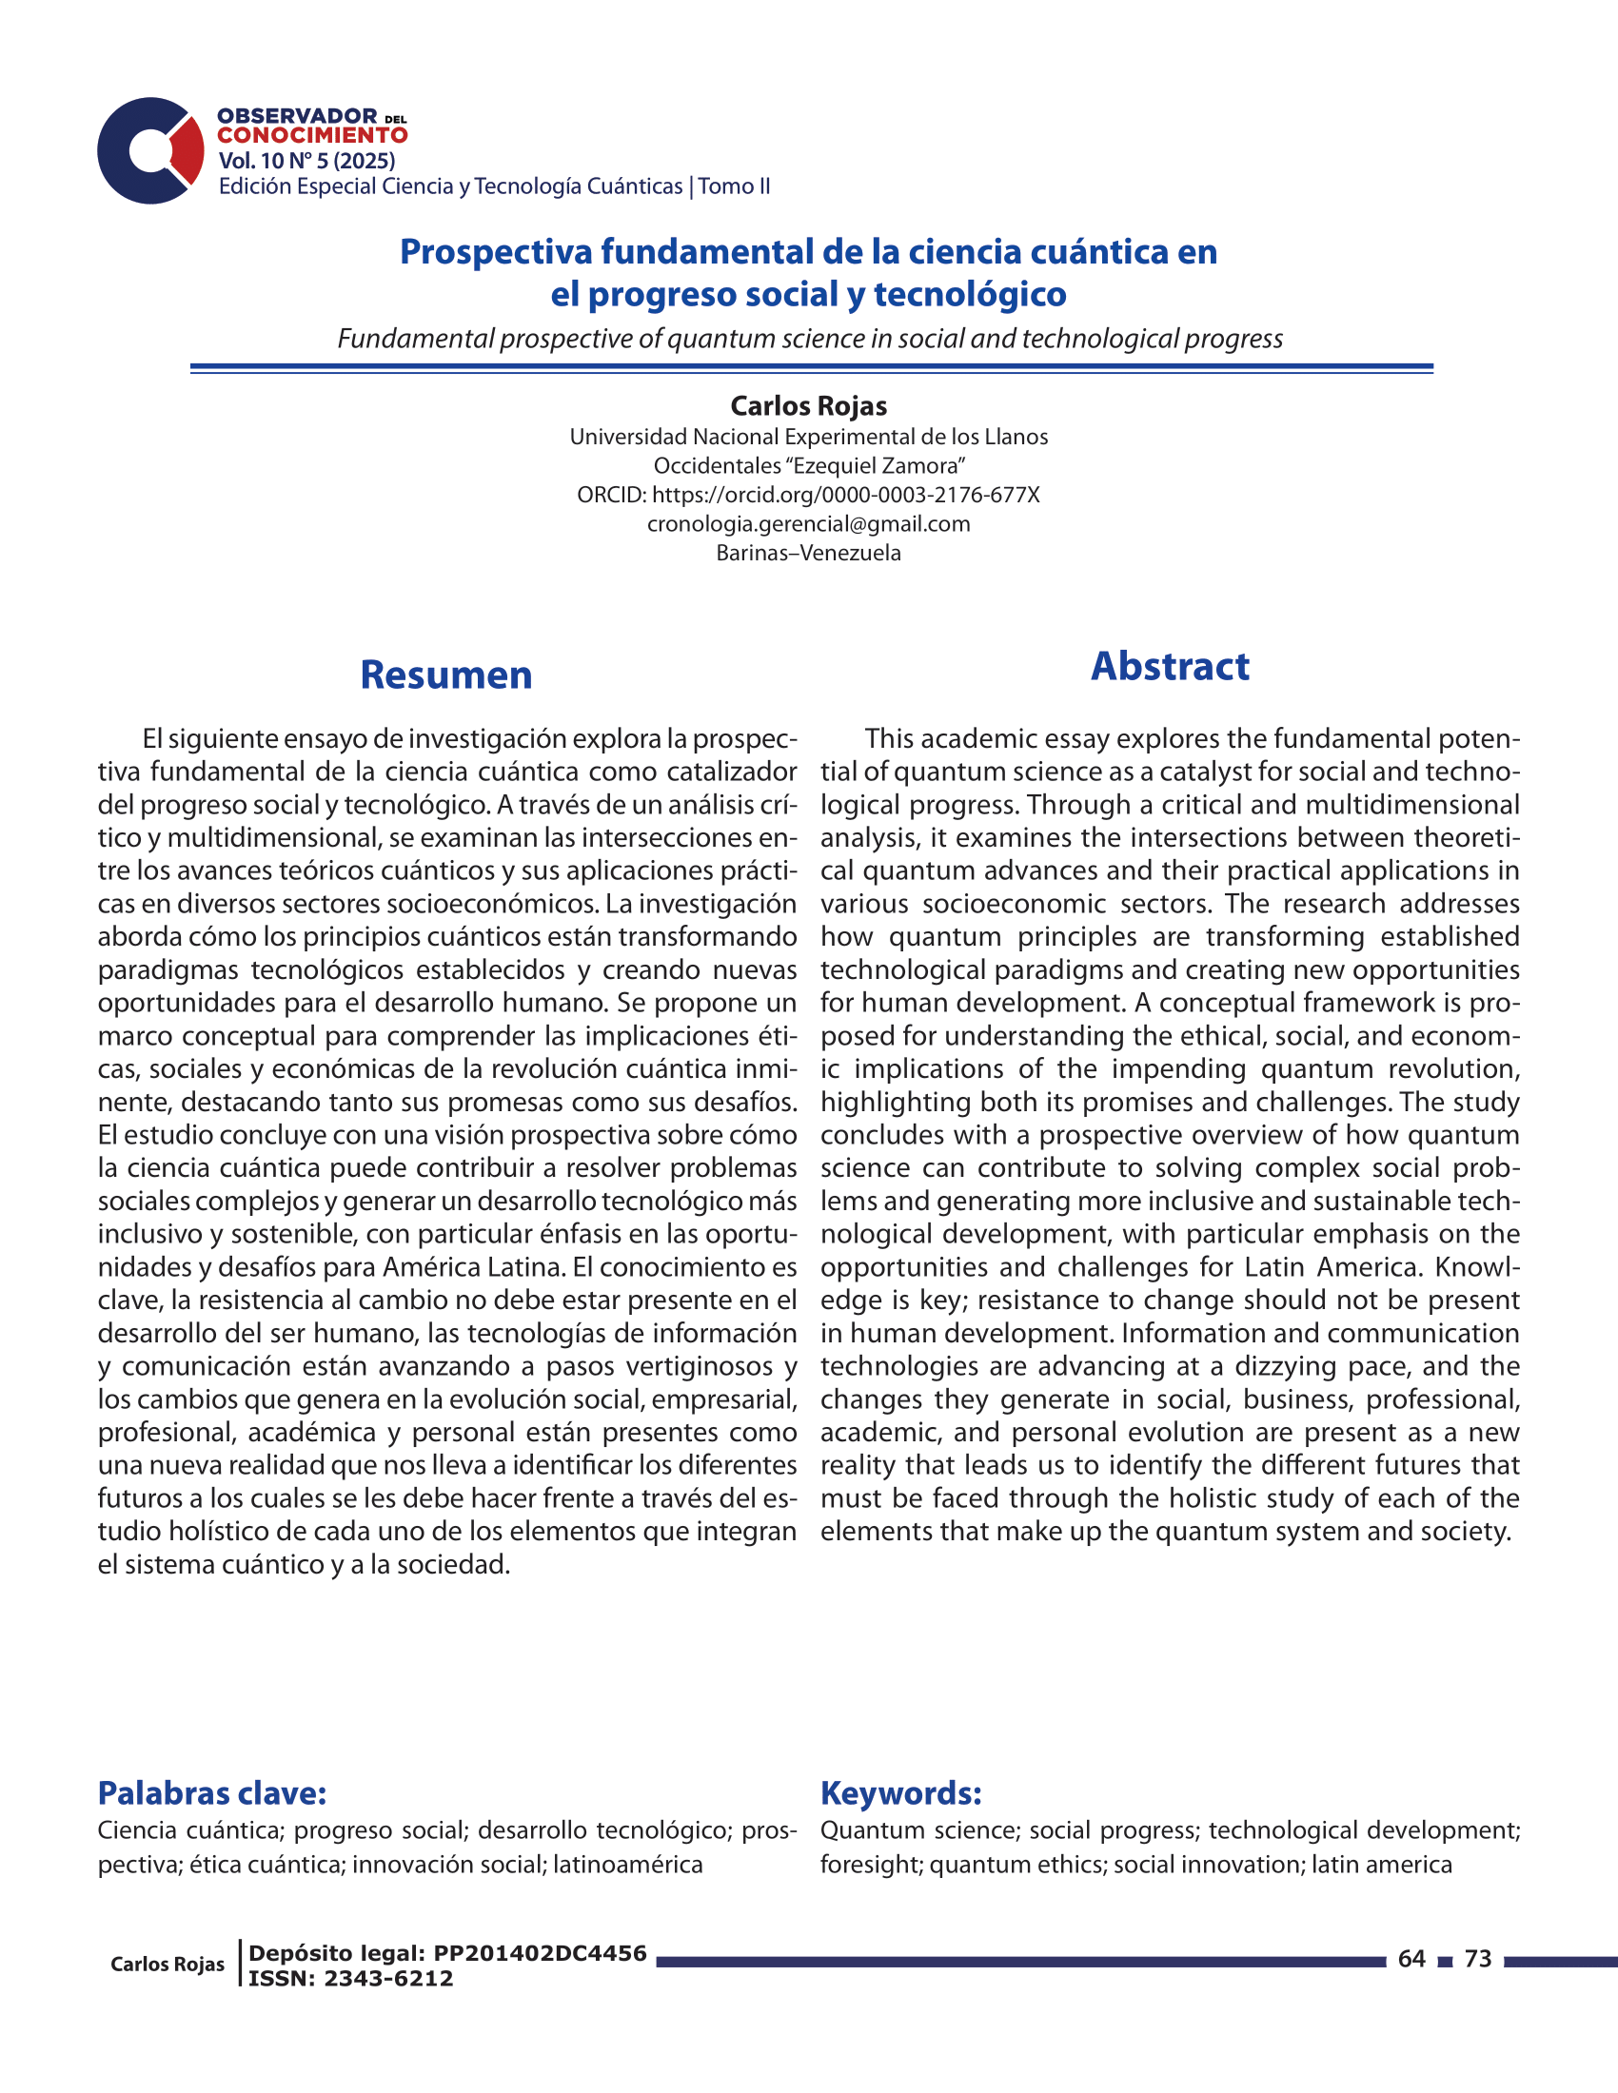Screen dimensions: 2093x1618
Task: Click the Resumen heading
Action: (445, 675)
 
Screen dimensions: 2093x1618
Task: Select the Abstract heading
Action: (1170, 667)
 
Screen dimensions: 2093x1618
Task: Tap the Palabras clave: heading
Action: (213, 1792)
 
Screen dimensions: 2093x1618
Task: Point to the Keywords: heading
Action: (901, 1792)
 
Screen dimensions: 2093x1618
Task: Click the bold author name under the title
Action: (808, 406)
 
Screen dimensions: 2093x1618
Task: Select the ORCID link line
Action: (808, 496)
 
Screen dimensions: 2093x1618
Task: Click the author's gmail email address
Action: (808, 524)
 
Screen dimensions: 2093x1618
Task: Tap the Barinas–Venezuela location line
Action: (808, 553)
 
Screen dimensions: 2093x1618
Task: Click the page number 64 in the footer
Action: (1411, 1959)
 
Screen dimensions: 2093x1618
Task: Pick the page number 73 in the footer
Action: (1478, 1959)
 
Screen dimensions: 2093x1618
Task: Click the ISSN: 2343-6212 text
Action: (351, 1978)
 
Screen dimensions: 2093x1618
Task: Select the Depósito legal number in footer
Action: (447, 1953)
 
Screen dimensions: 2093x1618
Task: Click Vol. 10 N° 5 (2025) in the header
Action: (306, 161)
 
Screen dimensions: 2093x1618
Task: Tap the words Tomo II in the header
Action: (734, 186)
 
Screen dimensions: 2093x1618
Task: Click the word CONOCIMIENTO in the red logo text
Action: (312, 136)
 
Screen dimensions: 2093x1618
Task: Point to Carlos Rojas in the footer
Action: (168, 1965)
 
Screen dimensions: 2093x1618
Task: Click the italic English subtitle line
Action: (810, 340)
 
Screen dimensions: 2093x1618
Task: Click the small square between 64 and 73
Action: (1446, 1961)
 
